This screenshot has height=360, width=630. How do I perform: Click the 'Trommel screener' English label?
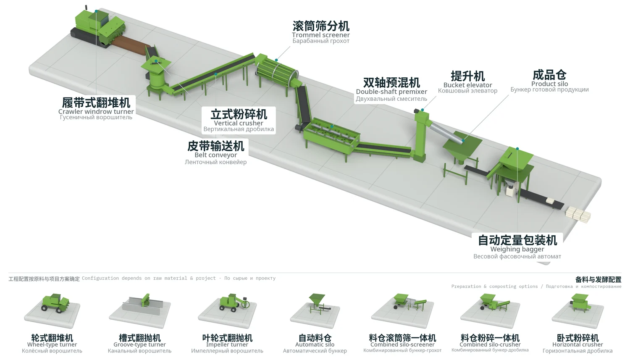(320, 35)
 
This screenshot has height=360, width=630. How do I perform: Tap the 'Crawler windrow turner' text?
(96, 111)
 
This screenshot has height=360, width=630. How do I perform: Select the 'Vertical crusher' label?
(239, 123)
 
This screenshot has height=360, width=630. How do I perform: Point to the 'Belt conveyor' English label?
(216, 155)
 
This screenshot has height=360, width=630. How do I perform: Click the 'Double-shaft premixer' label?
(391, 92)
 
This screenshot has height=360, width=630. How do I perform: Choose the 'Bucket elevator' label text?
(468, 85)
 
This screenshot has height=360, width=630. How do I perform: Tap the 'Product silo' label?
(549, 84)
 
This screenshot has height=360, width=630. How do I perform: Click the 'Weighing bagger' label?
(517, 249)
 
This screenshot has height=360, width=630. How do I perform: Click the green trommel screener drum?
(277, 70)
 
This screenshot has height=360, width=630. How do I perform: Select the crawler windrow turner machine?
(98, 28)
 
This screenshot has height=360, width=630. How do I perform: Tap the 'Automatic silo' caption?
(315, 344)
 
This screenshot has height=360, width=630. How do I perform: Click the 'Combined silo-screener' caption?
(402, 344)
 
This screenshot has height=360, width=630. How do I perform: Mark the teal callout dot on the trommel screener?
(276, 60)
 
